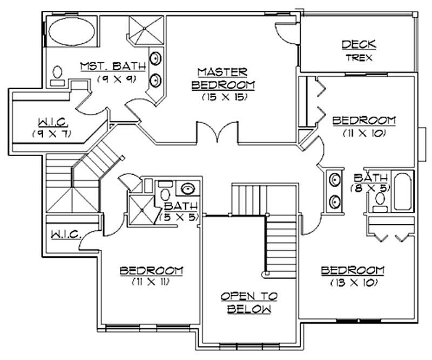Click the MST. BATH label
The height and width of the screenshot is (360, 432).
pos(113,66)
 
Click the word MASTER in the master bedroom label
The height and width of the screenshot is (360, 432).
pos(222,71)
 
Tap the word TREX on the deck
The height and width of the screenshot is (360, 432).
pos(359,57)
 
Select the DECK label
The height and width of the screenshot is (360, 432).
pos(359,45)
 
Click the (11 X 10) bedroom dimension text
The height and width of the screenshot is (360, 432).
pos(363,132)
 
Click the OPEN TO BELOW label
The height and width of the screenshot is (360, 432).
pos(249,303)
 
